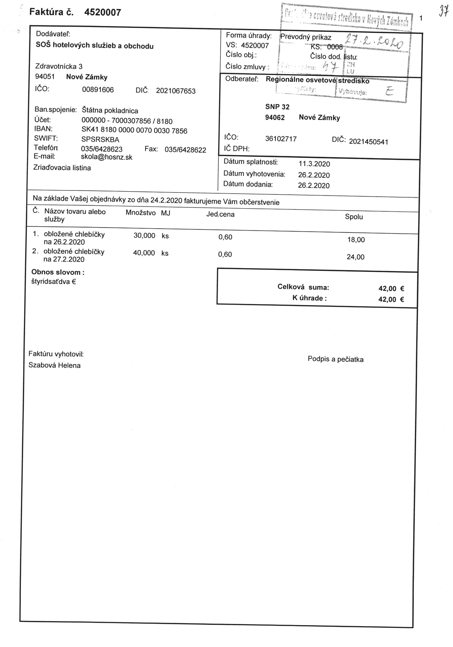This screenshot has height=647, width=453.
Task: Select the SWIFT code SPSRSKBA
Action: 100,140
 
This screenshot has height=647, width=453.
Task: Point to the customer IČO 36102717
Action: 281,139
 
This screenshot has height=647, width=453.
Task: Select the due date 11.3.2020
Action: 314,164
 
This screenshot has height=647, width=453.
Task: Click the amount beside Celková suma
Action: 391,289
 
